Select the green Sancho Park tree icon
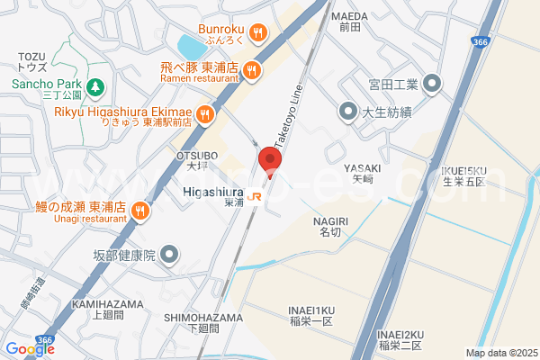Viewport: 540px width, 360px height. [97, 87]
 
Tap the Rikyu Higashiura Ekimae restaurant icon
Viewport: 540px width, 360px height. [205, 114]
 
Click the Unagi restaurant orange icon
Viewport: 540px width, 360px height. [139, 211]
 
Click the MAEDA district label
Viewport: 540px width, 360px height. [349, 16]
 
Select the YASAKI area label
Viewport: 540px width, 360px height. [363, 168]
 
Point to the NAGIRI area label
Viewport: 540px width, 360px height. [330, 220]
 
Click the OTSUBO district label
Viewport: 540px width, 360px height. [191, 155]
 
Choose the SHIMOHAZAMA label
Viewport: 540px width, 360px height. [203, 318]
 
